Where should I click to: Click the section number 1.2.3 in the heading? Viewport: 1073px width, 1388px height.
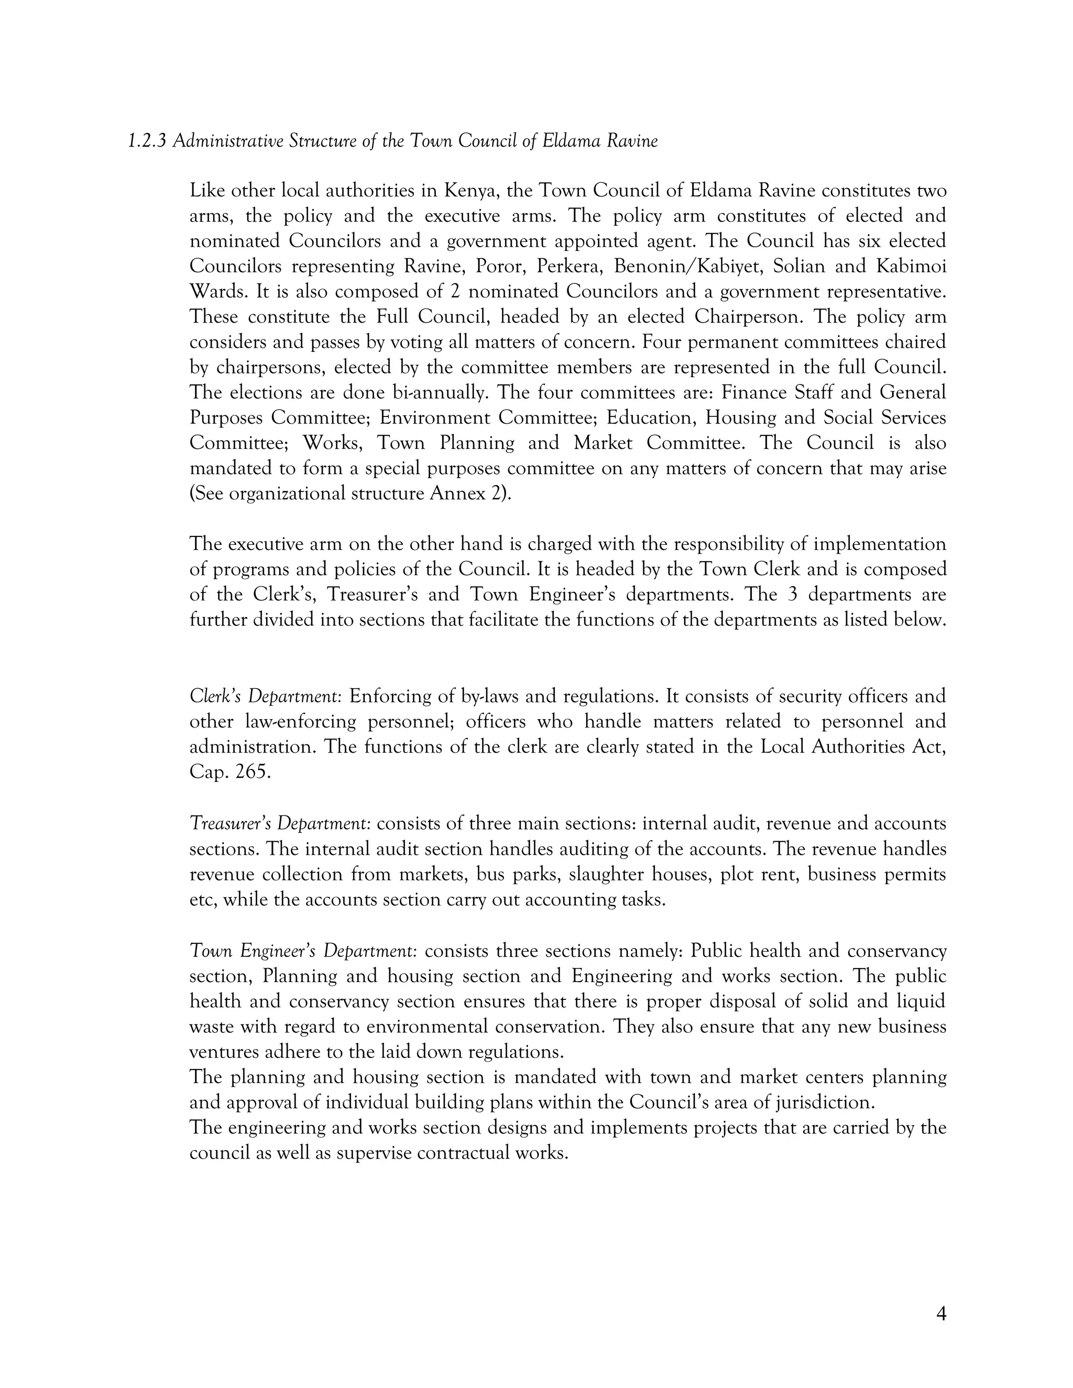point(147,141)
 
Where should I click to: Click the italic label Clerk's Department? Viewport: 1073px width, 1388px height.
point(266,697)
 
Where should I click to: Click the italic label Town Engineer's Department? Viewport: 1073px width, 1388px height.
point(303,951)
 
